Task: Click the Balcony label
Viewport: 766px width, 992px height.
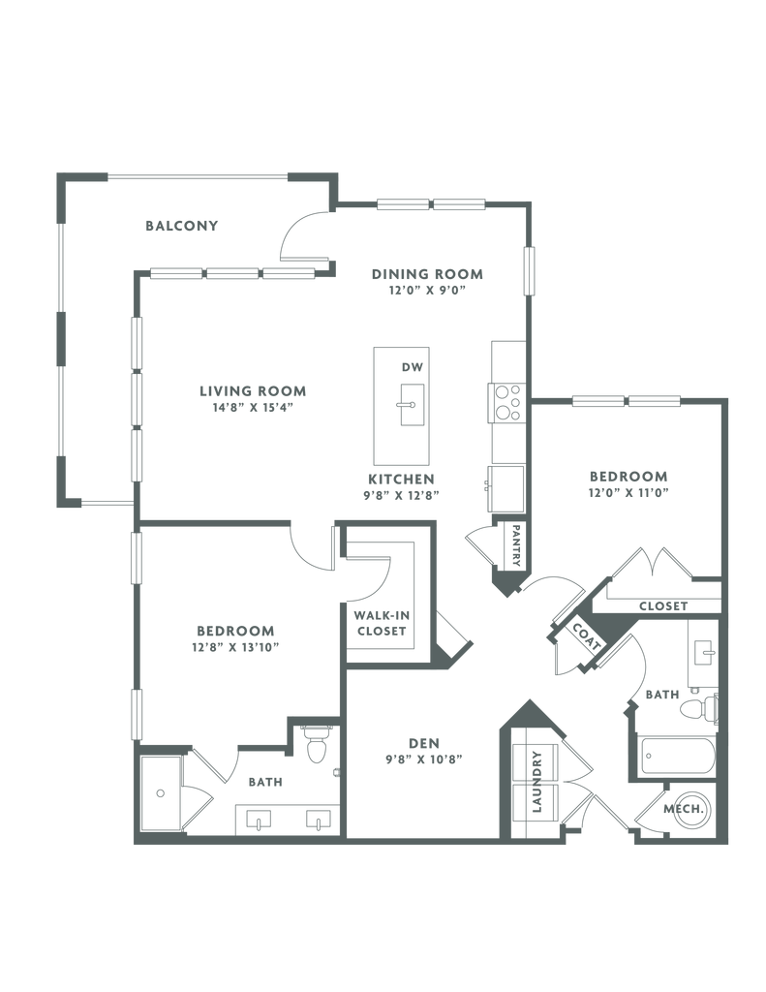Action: pos(182,227)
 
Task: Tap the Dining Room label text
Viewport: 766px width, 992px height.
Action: pos(427,273)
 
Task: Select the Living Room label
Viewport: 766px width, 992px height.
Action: pos(252,391)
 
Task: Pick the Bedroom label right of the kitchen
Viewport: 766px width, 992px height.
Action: pos(628,477)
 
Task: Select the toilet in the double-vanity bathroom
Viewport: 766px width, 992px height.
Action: pos(315,744)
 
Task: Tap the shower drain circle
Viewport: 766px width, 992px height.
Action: pos(161,793)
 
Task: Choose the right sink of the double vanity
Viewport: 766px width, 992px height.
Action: pos(316,821)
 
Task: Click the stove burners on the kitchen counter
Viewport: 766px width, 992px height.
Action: pos(506,400)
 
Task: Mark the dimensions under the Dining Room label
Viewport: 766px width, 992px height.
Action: pos(427,289)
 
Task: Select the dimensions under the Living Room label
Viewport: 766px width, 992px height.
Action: pos(252,408)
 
